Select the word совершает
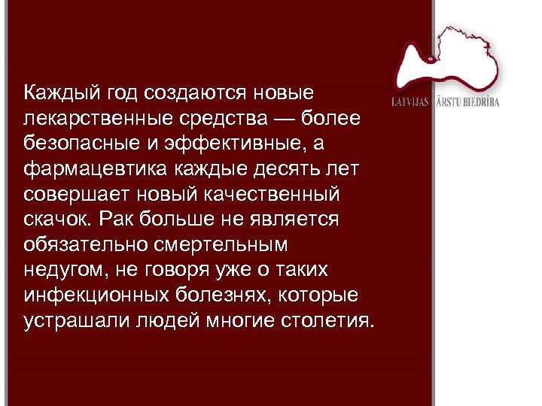coord(74,195)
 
